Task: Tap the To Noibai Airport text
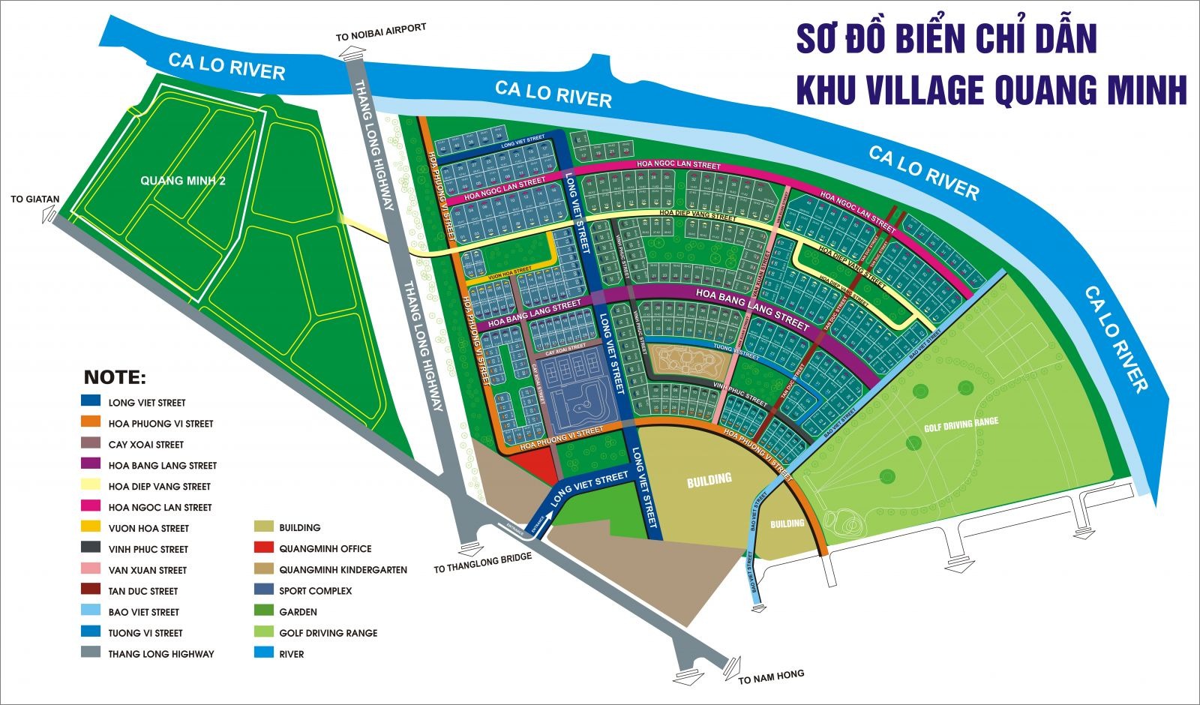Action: click(x=380, y=32)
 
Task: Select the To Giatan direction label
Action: click(x=34, y=199)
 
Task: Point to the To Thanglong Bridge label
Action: click(x=482, y=562)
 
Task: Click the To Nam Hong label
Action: click(x=771, y=676)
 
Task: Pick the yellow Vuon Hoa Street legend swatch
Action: click(x=91, y=528)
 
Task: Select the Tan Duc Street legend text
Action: click(x=142, y=591)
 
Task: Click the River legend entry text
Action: click(x=291, y=654)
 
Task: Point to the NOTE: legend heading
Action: click(x=115, y=377)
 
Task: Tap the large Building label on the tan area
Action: click(x=709, y=480)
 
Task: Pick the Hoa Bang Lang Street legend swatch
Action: click(x=91, y=465)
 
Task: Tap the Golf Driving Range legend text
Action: click(x=328, y=633)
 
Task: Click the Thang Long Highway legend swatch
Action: click(x=91, y=653)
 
